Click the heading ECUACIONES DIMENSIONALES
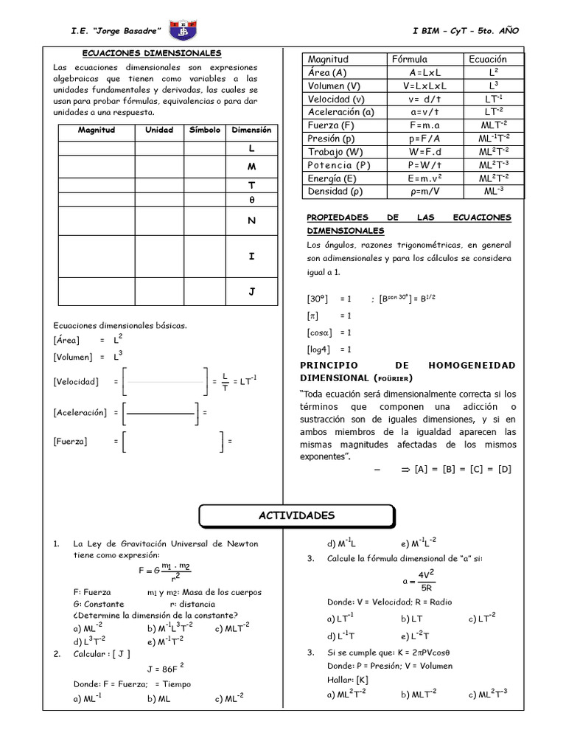[151, 54]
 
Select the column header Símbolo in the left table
[204, 130]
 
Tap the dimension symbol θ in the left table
[251, 200]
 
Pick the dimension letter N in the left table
[251, 220]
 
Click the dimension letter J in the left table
[251, 292]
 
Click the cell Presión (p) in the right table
[331, 139]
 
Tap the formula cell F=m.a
[424, 125]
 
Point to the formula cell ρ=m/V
[424, 192]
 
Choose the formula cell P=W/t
[424, 165]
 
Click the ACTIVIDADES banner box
[296, 516]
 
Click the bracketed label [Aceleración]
[80, 413]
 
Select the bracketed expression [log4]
[319, 349]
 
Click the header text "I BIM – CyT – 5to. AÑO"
[467, 30]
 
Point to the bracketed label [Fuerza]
[70, 442]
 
